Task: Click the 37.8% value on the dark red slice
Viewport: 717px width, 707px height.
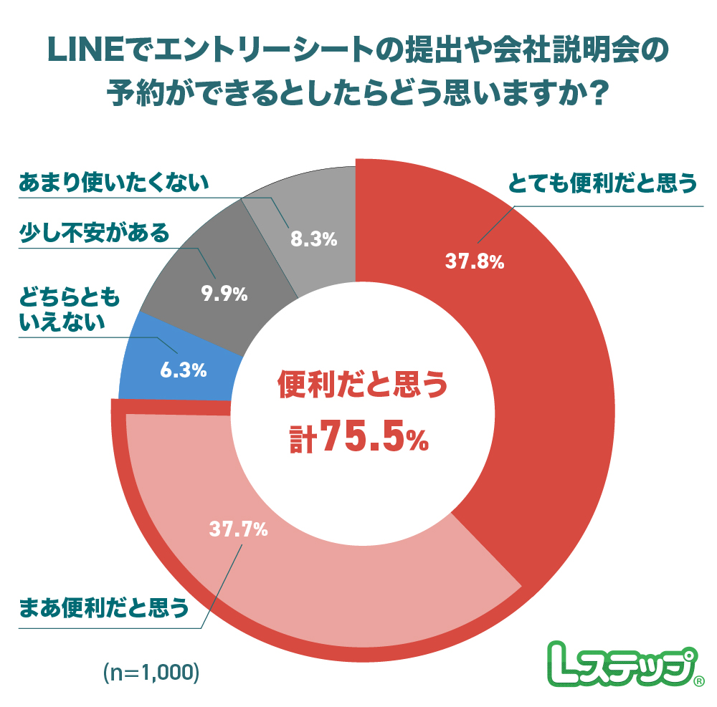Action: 475,262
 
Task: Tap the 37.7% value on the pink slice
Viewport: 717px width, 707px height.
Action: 239,530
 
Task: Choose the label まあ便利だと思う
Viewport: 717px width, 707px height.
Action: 104,608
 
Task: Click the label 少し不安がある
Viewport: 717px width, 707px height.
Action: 94,234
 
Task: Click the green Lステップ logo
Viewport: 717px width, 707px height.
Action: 617,663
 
